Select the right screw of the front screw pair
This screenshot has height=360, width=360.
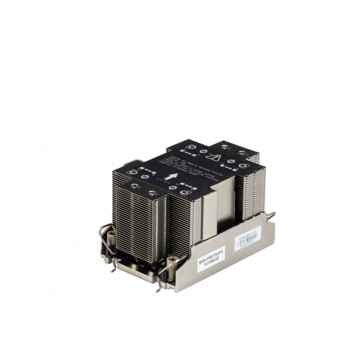point(151,193)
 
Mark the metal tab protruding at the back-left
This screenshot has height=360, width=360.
point(127,163)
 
